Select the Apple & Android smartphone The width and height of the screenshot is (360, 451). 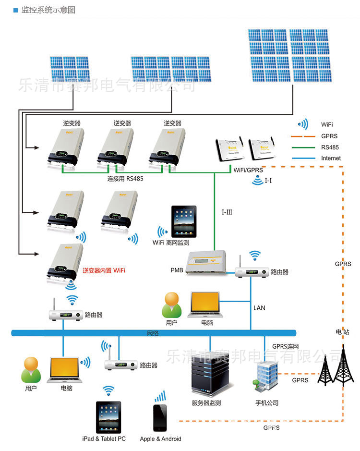pyautogui.click(x=160, y=417)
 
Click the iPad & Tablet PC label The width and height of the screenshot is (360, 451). pyautogui.click(x=104, y=439)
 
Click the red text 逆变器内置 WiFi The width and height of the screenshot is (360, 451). pyautogui.click(x=104, y=271)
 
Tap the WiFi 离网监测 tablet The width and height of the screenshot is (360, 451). pyautogui.click(x=184, y=221)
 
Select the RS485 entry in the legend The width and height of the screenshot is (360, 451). pyautogui.click(x=330, y=147)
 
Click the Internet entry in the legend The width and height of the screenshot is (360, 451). pyautogui.click(x=331, y=158)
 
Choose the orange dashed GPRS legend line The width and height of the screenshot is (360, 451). pyautogui.click(x=301, y=136)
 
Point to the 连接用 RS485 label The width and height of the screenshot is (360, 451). pyautogui.click(x=125, y=179)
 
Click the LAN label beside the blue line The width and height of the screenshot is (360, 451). pyautogui.click(x=259, y=308)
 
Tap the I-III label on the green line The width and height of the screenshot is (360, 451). pyautogui.click(x=227, y=212)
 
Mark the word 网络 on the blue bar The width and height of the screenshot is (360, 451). pyautogui.click(x=153, y=333)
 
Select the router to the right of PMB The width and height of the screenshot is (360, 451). pyautogui.click(x=252, y=272)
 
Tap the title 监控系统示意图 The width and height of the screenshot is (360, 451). pyautogui.click(x=48, y=10)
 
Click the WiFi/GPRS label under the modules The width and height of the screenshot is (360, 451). pyautogui.click(x=248, y=170)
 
